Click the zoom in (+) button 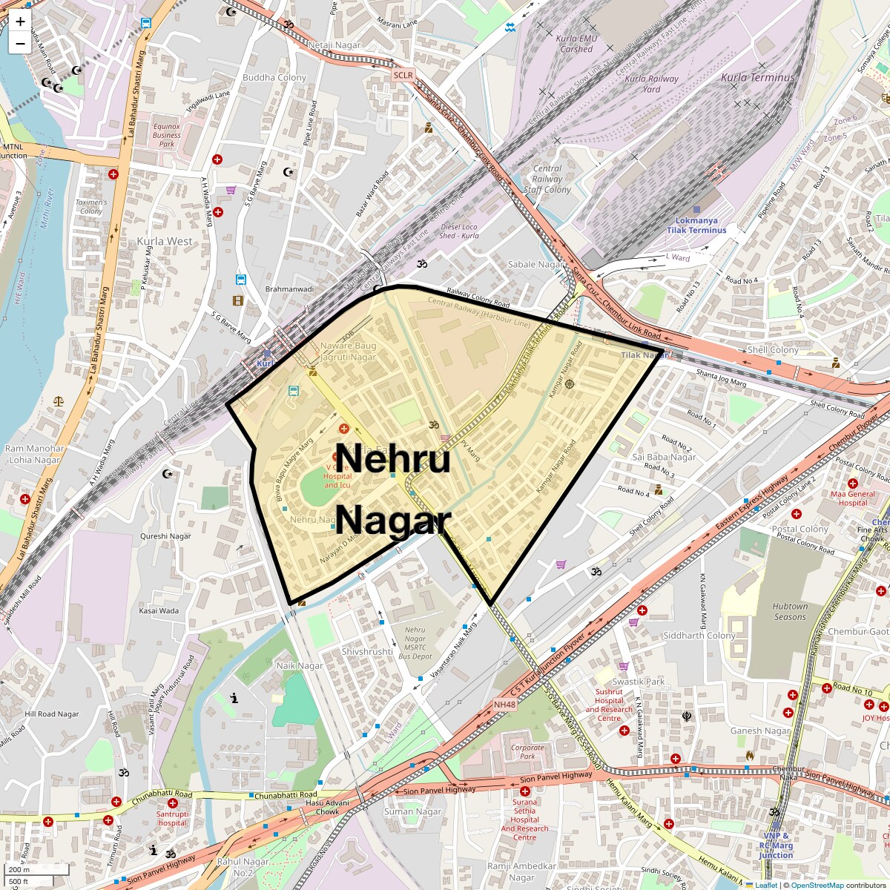pyautogui.click(x=20, y=22)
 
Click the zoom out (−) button pyautogui.click(x=20, y=43)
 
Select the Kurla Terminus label pyautogui.click(x=757, y=77)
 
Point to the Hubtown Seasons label pyautogui.click(x=789, y=611)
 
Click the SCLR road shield pyautogui.click(x=403, y=75)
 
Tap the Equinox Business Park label pyautogui.click(x=166, y=135)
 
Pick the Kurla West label pyautogui.click(x=164, y=241)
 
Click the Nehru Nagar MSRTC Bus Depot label pyautogui.click(x=415, y=643)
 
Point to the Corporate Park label pyautogui.click(x=527, y=752)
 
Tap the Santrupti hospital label pyautogui.click(x=172, y=818)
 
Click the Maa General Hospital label pyautogui.click(x=851, y=498)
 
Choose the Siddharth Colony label pyautogui.click(x=699, y=636)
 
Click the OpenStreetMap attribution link pyautogui.click(x=817, y=885)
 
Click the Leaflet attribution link pyautogui.click(x=766, y=885)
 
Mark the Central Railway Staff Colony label pyautogui.click(x=547, y=179)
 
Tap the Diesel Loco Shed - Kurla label pyautogui.click(x=460, y=231)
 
